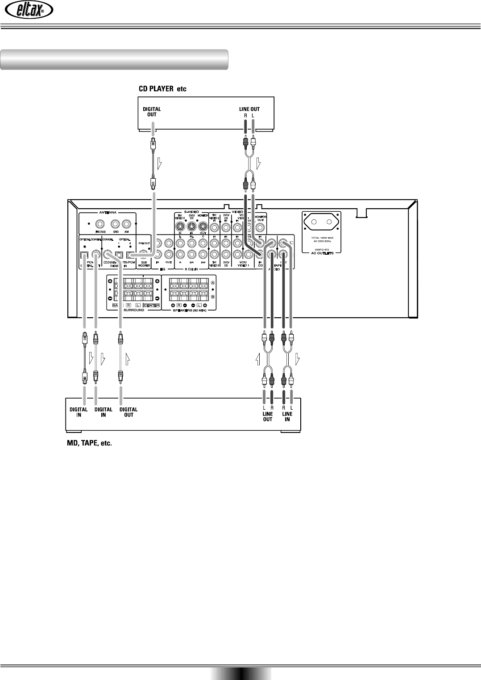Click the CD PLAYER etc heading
(161, 89)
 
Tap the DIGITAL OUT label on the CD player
(152, 111)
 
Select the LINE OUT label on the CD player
(249, 109)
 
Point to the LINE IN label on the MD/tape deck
(287, 416)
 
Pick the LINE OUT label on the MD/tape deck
(267, 416)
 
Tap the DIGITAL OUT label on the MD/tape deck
(129, 412)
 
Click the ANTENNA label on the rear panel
(107, 212)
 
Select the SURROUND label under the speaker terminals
(133, 310)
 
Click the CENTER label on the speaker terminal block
(152, 305)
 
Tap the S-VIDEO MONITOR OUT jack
(203, 227)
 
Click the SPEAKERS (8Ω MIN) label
(188, 310)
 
